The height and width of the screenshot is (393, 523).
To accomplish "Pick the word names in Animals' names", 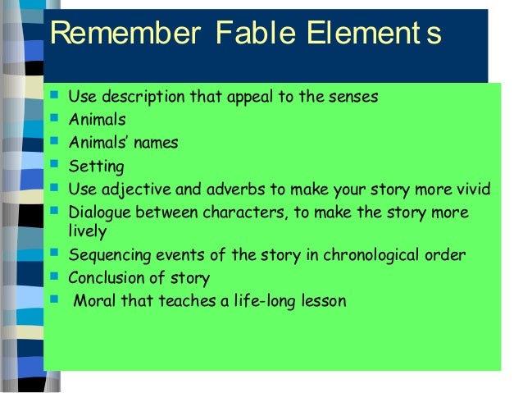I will [x=157, y=143].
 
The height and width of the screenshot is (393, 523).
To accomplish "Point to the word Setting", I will [x=96, y=167].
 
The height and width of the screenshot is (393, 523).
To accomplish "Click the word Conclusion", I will [x=106, y=277].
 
